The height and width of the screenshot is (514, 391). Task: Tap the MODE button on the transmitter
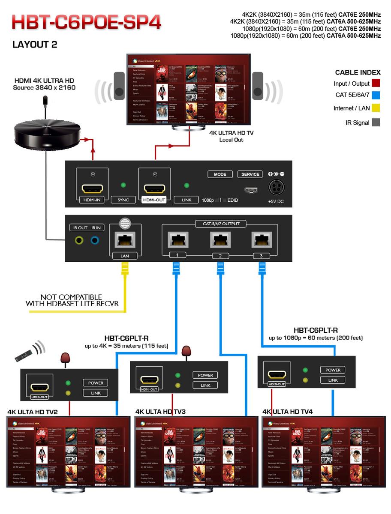[220, 174]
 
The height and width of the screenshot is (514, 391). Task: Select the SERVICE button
[250, 174]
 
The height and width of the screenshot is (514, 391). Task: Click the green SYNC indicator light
[123, 185]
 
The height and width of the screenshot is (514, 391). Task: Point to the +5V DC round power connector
[277, 188]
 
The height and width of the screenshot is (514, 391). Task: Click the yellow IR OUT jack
[79, 240]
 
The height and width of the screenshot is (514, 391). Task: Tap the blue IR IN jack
[95, 240]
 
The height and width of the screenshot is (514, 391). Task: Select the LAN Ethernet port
[125, 240]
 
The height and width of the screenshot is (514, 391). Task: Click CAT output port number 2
[220, 241]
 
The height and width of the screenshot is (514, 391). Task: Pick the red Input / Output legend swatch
[376, 83]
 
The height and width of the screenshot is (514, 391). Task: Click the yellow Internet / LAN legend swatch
[376, 108]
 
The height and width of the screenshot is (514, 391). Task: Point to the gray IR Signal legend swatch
[376, 123]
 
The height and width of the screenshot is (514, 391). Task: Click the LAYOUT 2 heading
[35, 45]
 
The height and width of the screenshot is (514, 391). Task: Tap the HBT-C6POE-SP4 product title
[86, 23]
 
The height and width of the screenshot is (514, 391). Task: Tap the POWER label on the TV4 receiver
[333, 370]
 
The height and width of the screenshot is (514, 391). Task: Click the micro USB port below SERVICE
[251, 190]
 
